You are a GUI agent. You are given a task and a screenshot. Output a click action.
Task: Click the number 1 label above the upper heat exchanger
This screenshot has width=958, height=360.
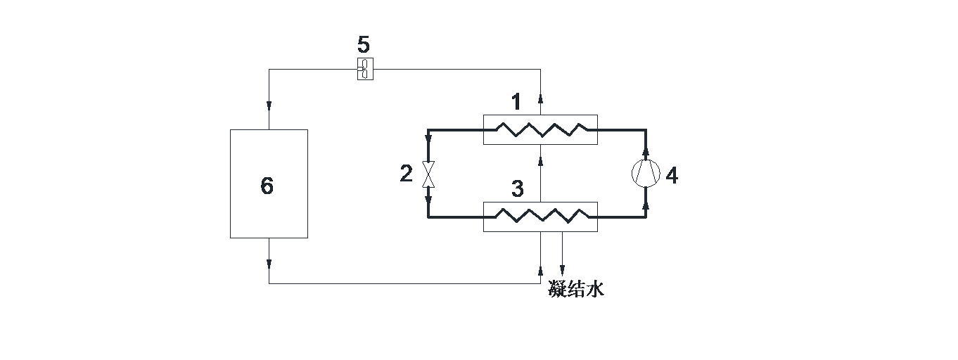point(516,102)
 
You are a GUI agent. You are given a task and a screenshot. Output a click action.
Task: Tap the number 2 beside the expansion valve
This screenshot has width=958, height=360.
point(407,174)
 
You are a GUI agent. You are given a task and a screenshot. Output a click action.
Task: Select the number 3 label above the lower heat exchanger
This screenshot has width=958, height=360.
point(518,189)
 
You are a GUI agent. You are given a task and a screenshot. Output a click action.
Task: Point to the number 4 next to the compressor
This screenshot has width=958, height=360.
point(672,176)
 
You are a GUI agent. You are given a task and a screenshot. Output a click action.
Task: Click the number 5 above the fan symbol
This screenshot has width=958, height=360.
point(363,45)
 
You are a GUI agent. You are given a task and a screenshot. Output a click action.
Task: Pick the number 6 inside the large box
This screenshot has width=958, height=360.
point(267,186)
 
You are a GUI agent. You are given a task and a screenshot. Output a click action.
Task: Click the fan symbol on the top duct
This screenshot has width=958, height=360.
point(365,69)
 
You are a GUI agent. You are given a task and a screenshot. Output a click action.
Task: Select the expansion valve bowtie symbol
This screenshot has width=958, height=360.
point(428,174)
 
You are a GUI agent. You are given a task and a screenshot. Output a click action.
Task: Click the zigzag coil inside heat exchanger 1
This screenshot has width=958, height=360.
point(540,129)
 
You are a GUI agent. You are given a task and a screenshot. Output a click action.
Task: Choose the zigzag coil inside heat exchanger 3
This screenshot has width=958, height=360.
point(540,217)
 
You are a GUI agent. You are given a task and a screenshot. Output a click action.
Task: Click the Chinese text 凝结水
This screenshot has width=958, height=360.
point(576,289)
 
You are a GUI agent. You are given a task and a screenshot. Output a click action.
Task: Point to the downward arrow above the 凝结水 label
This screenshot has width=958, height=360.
point(561,270)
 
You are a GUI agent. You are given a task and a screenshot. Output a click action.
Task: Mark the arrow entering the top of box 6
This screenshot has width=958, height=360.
point(269,106)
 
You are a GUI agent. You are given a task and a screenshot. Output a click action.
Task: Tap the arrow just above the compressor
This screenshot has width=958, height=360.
point(646,152)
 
